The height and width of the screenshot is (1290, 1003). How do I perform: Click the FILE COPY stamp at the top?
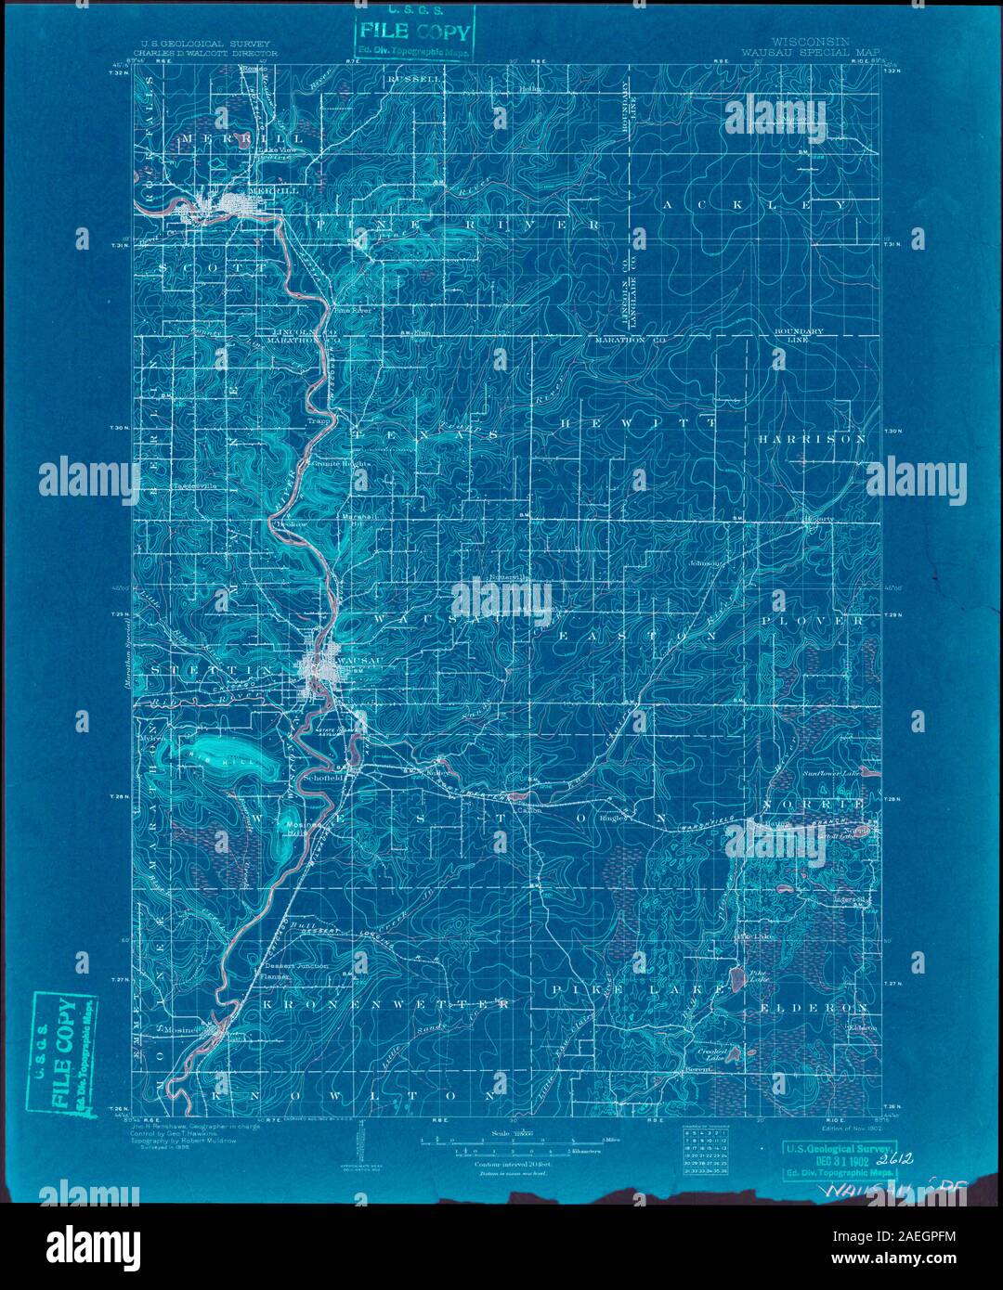pyautogui.click(x=412, y=33)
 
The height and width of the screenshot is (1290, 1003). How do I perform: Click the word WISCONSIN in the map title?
pyautogui.click(x=810, y=43)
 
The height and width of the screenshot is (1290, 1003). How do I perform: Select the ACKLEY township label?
pyautogui.click(x=753, y=203)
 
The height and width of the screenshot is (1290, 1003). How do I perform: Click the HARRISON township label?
pyautogui.click(x=811, y=438)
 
